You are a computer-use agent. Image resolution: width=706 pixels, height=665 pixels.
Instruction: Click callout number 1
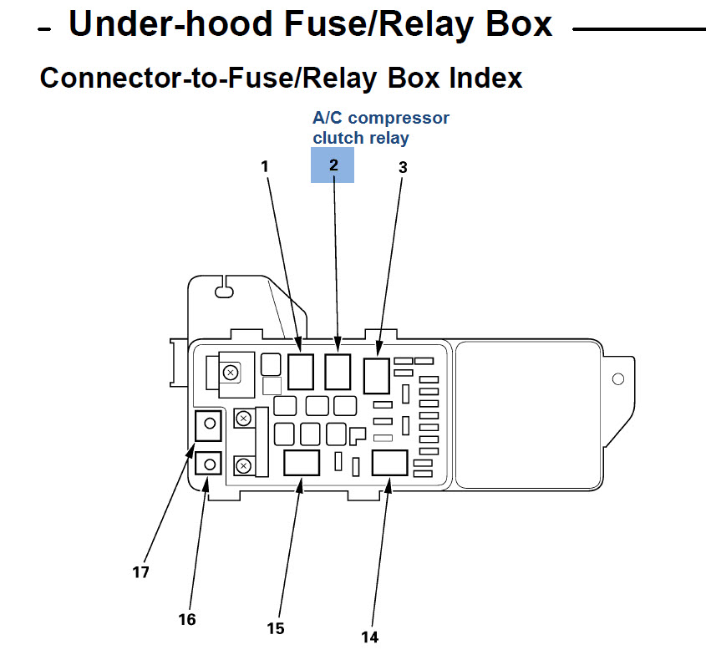click(265, 166)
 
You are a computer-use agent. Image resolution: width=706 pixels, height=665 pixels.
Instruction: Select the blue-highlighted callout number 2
click(333, 165)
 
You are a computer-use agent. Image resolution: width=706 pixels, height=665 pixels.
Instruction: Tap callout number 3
click(403, 166)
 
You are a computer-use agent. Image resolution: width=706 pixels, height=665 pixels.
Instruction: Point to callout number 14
click(369, 637)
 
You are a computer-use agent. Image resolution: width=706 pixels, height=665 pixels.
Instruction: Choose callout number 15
click(276, 628)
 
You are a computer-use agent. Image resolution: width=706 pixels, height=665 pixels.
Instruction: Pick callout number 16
click(186, 619)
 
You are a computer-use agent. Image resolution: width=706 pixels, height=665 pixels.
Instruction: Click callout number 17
click(140, 572)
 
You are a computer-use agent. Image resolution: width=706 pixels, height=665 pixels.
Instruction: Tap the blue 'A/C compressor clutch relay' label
click(380, 127)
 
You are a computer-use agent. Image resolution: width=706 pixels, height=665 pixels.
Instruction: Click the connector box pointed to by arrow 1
click(301, 372)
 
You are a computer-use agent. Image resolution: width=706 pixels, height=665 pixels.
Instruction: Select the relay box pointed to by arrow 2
click(338, 372)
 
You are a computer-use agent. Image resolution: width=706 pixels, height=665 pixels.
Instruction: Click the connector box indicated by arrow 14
click(389, 463)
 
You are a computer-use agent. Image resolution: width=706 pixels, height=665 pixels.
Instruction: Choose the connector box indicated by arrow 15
click(301, 463)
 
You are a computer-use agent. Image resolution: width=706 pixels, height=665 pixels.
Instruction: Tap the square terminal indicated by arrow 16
click(209, 463)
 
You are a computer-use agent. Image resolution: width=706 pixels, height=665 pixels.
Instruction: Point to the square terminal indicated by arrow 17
click(209, 424)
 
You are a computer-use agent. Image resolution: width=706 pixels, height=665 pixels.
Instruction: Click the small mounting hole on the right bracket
click(617, 379)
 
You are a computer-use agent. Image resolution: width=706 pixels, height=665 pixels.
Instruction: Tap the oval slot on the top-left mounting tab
click(224, 292)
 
